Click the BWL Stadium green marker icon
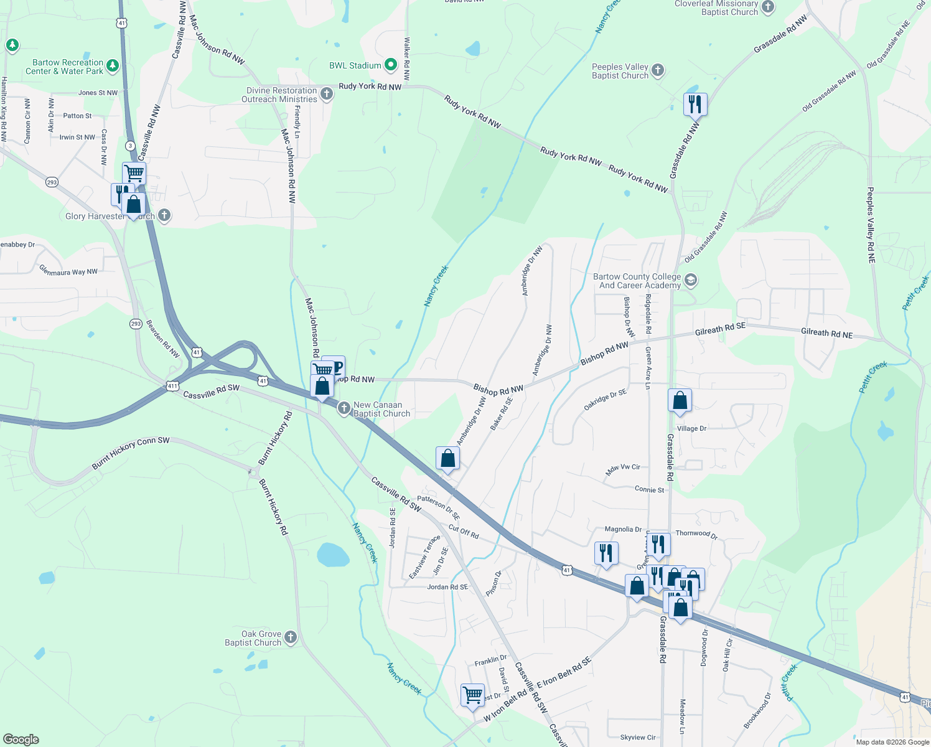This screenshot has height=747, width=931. click(391, 65)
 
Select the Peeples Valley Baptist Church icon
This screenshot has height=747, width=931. click(658, 70)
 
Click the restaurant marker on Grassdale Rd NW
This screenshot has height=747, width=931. click(695, 104)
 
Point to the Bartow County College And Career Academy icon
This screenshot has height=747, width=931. click(690, 280)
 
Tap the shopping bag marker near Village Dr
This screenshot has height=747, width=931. click(680, 400)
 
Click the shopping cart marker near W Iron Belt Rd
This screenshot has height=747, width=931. click(472, 694)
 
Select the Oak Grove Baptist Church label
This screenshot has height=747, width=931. click(253, 638)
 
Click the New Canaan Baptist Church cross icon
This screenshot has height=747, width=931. click(344, 408)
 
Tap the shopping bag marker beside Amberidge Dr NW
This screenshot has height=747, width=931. click(447, 459)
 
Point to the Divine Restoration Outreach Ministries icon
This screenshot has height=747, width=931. click(327, 94)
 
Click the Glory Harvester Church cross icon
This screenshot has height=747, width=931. click(164, 215)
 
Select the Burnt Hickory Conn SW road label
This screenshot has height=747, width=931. click(131, 453)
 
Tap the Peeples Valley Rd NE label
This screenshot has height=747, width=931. click(871, 225)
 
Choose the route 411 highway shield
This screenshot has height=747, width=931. click(172, 386)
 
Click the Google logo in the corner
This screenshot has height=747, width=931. click(21, 739)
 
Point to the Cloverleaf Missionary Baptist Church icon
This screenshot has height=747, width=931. click(768, 7)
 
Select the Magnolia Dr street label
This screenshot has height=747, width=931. click(623, 529)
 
